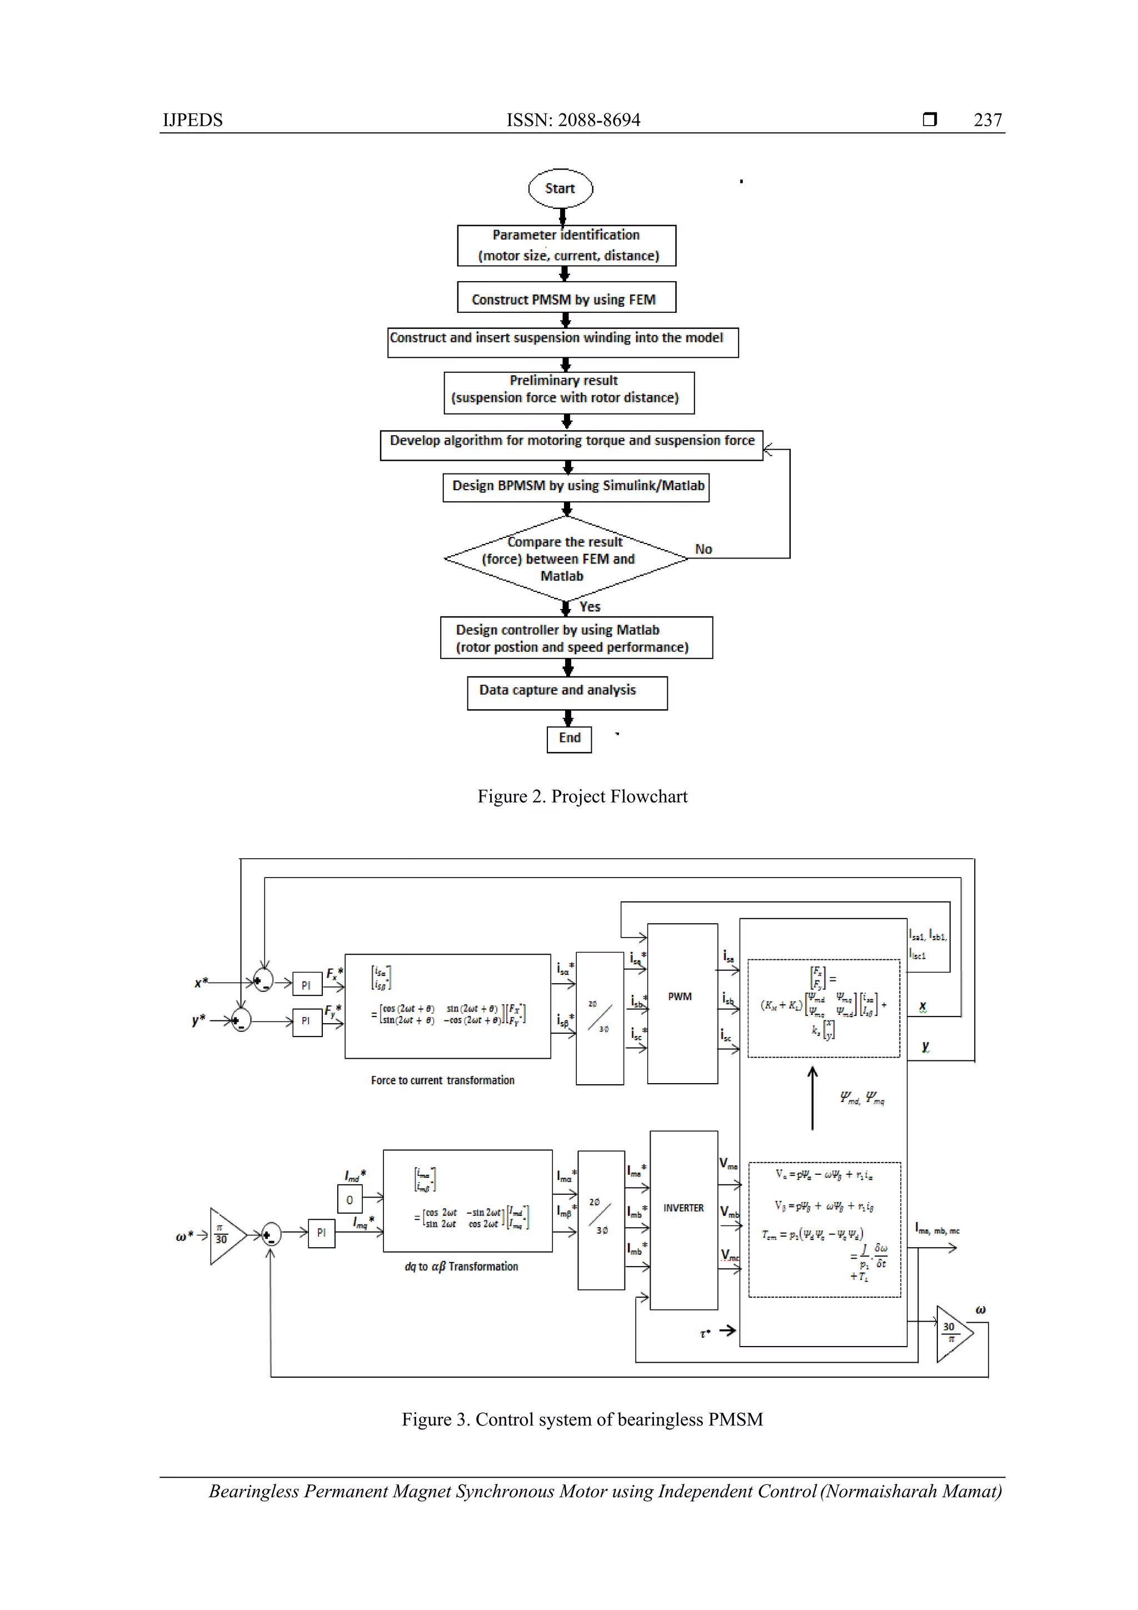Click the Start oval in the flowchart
(x=560, y=188)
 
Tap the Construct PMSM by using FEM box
(x=566, y=297)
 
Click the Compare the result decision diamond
(x=565, y=559)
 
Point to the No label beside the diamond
(x=703, y=549)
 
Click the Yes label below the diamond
(x=590, y=606)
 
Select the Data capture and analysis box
(x=567, y=692)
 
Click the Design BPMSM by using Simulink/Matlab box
(x=576, y=487)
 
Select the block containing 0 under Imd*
(x=349, y=1200)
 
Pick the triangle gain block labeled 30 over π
(x=952, y=1334)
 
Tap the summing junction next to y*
(x=241, y=1020)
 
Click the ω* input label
(x=184, y=1237)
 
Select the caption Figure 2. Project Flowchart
(x=582, y=796)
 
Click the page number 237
(x=987, y=120)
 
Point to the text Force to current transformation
(x=442, y=1080)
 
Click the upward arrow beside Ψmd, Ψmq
(x=812, y=1098)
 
